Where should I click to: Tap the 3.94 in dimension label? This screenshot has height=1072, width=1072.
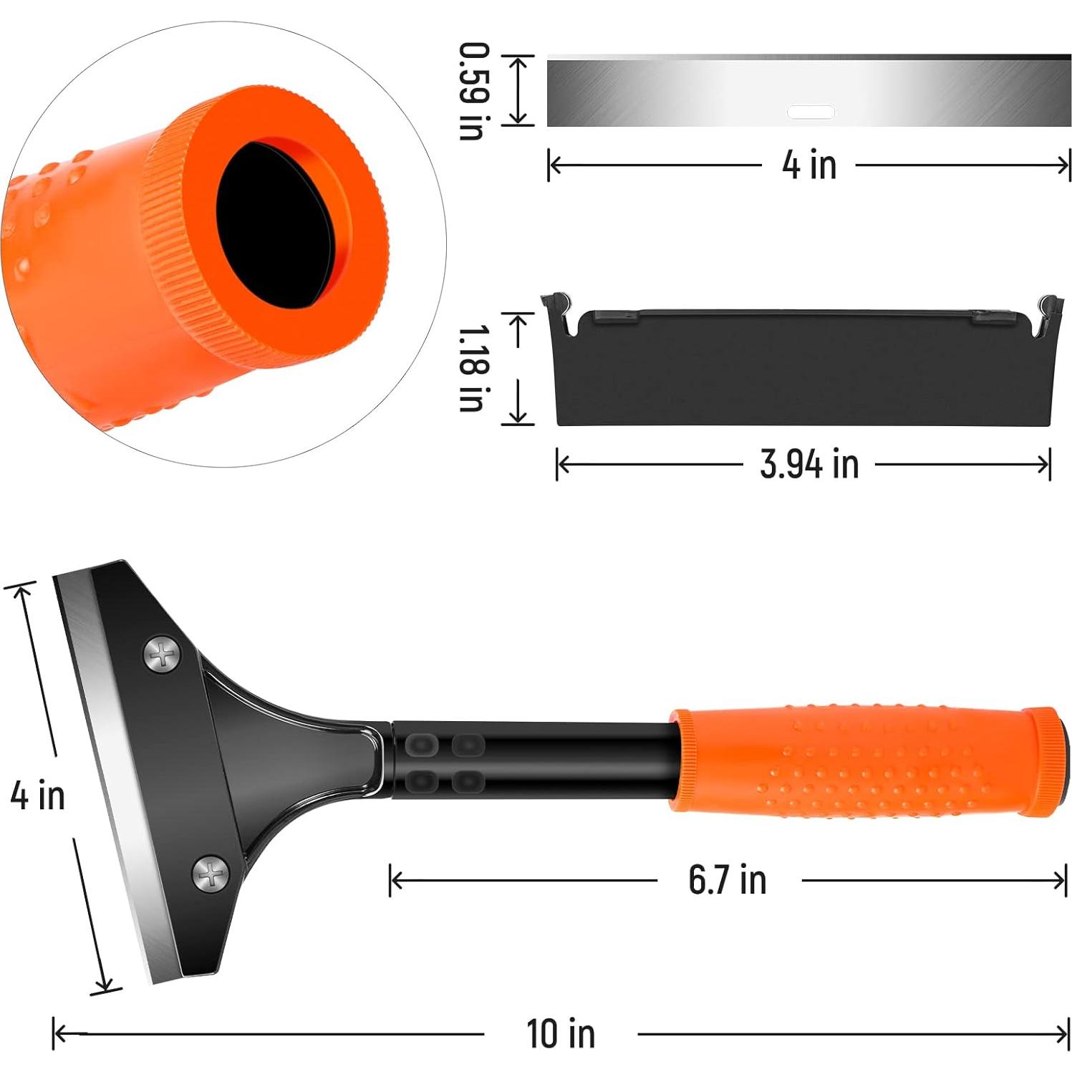tap(809, 464)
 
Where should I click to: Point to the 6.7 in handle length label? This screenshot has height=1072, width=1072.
tap(727, 880)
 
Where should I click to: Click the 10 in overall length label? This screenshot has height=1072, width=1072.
tap(560, 1033)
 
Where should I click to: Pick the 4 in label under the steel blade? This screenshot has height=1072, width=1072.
tap(809, 165)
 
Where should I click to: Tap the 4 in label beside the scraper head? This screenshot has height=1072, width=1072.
tap(37, 795)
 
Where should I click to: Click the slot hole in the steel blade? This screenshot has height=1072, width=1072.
tap(811, 112)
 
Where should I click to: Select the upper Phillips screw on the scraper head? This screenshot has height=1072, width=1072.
tap(163, 655)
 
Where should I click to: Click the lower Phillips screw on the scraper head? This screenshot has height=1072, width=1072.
tap(211, 874)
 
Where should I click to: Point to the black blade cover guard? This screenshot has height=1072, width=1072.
tap(802, 372)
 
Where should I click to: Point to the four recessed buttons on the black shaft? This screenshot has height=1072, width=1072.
tap(444, 762)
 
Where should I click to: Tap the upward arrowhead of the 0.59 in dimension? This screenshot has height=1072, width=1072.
tap(518, 62)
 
